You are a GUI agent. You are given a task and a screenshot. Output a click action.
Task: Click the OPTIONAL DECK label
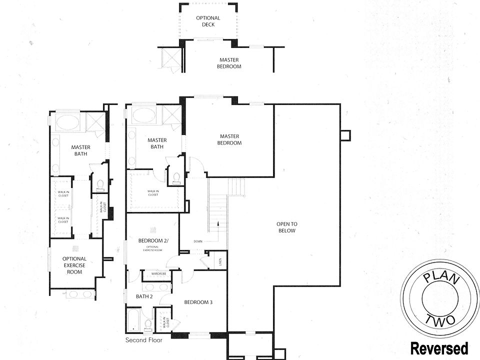[x=208, y=21]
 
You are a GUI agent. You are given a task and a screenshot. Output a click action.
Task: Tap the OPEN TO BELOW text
[x=286, y=227]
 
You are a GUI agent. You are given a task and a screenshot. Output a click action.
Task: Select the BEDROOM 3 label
[x=198, y=302]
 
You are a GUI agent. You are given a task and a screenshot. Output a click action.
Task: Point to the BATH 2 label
[x=144, y=296]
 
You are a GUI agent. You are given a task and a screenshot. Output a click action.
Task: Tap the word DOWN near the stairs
[x=198, y=242]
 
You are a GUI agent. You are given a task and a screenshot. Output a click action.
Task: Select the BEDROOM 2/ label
[x=153, y=241]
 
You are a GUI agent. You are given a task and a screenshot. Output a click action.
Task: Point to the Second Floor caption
[x=144, y=340]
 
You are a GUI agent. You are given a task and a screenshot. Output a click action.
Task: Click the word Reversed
[x=439, y=348]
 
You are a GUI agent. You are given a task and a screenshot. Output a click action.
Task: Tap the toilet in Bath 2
[x=148, y=325]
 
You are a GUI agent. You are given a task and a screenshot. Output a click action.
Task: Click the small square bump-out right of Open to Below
[x=345, y=135]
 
